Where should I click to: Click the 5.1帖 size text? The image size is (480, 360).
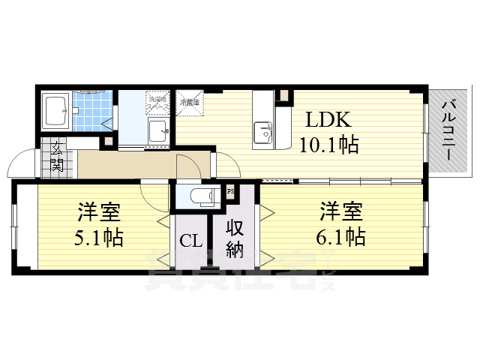[98, 238]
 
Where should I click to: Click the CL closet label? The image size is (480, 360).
[189, 241]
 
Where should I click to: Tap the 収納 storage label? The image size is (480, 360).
[234, 238]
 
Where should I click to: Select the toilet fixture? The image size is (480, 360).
[200, 196]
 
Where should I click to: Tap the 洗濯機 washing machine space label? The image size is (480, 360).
[157, 102]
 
